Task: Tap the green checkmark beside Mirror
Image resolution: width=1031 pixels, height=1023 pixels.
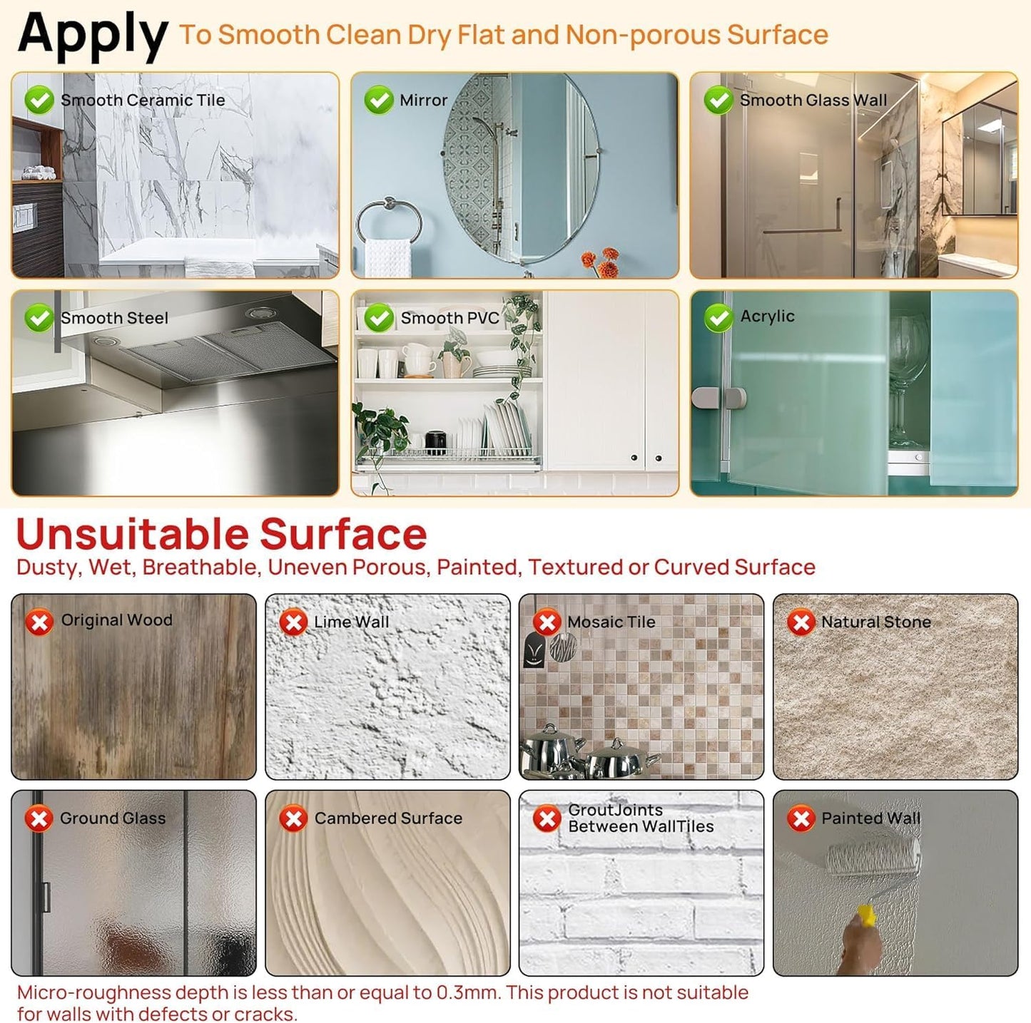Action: coord(379,100)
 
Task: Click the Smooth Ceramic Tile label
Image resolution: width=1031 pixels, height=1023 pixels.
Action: coord(143,100)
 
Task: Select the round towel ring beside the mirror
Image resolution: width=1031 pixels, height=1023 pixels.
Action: coord(389,220)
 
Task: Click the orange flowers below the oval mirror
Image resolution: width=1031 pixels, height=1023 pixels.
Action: coord(600,262)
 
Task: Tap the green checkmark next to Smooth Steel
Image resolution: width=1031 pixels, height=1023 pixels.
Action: coord(39,318)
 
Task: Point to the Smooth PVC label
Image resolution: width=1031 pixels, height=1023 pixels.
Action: coord(450,318)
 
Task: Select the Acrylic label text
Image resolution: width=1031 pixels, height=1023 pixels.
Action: coord(767,317)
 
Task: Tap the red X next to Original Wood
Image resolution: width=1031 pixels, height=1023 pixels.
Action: coord(39,622)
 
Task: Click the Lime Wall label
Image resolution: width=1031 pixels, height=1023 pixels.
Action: coord(352,622)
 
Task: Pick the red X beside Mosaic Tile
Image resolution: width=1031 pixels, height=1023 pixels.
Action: coord(547,622)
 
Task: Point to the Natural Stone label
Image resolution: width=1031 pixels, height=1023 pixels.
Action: coord(876,622)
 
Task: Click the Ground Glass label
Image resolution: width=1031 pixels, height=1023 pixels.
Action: coord(113,818)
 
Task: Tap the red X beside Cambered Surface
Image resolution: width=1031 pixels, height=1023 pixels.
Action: coord(293,818)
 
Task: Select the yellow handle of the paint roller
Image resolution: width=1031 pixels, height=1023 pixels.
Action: coord(868,915)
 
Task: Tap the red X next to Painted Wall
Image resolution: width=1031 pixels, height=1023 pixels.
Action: coord(801,818)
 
